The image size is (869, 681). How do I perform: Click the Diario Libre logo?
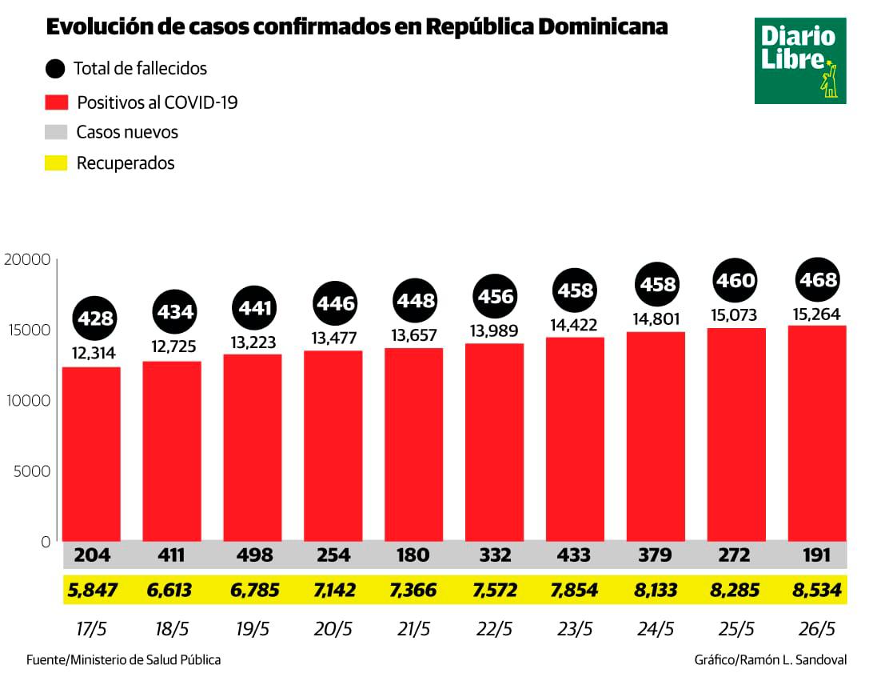point(799,61)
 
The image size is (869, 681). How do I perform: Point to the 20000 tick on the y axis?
point(27,259)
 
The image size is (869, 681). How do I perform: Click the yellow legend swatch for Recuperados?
point(56,163)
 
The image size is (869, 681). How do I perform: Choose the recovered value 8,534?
point(816,591)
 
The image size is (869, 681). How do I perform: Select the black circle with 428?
point(95,318)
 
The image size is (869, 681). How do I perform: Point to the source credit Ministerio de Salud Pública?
point(124,660)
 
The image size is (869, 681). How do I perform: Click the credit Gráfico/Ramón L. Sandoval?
point(771,660)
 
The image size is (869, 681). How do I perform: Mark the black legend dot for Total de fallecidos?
point(56,69)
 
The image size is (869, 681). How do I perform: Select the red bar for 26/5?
point(817,432)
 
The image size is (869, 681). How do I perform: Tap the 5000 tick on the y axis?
point(32,471)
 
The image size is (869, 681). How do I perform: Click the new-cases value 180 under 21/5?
point(413,555)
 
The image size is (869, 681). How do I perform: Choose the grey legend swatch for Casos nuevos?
point(56,132)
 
